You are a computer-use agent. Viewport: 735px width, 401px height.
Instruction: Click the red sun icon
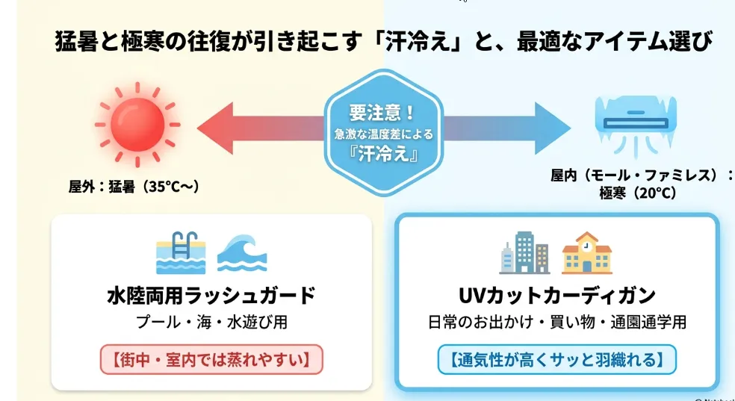(137, 125)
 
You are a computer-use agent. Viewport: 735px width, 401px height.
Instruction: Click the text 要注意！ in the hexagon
(382, 113)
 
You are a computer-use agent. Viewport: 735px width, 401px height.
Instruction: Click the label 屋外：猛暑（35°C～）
(134, 187)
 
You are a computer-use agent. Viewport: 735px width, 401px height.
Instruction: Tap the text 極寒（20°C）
(638, 193)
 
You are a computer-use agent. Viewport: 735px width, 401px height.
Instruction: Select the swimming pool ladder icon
(181, 252)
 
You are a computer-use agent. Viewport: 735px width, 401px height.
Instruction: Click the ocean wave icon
(242, 253)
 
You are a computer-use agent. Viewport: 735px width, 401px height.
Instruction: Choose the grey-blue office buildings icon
(524, 252)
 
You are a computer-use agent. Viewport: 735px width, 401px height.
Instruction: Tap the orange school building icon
(587, 252)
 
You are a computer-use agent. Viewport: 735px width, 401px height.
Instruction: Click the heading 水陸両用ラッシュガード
(211, 296)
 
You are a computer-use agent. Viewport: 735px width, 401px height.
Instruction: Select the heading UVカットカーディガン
(557, 296)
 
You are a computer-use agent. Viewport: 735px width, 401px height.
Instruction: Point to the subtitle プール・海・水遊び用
(211, 323)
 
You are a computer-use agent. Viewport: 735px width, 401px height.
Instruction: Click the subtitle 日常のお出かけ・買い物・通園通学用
(557, 323)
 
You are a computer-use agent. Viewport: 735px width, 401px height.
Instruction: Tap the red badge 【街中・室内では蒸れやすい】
(211, 359)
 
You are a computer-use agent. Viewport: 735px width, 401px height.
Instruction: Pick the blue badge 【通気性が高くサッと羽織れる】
(557, 359)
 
